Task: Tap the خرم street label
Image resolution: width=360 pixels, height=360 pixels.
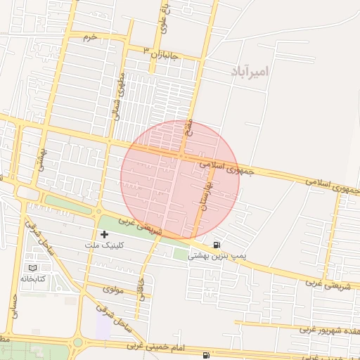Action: (x=89, y=35)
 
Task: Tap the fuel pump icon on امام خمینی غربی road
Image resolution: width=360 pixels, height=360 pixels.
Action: (x=205, y=355)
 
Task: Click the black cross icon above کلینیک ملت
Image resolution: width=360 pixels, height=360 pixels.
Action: (x=105, y=233)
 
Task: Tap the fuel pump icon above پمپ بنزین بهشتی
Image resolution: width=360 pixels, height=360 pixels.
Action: (x=216, y=245)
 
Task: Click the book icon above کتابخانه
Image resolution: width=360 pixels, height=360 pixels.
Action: (x=32, y=268)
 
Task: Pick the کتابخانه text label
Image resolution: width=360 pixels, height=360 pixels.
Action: (x=33, y=280)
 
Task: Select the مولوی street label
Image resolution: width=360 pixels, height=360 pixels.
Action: (x=112, y=288)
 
